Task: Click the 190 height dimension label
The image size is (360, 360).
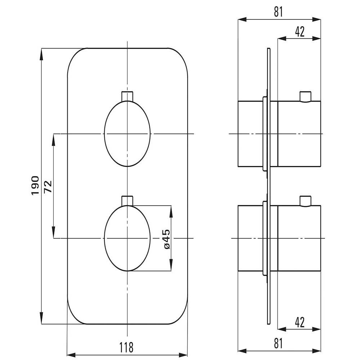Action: click(x=35, y=185)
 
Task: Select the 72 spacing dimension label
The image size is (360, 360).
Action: click(x=48, y=186)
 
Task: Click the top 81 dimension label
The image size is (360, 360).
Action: click(x=279, y=12)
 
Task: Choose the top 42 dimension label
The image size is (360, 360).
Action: click(x=300, y=32)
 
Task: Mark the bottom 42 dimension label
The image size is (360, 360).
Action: click(x=300, y=322)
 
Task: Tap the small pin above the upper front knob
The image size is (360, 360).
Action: click(x=127, y=96)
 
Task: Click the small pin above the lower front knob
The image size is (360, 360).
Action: click(x=127, y=201)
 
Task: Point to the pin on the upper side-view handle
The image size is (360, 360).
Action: click(x=306, y=96)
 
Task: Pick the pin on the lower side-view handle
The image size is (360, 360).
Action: click(x=306, y=201)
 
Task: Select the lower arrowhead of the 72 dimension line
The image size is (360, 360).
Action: click(x=54, y=232)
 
